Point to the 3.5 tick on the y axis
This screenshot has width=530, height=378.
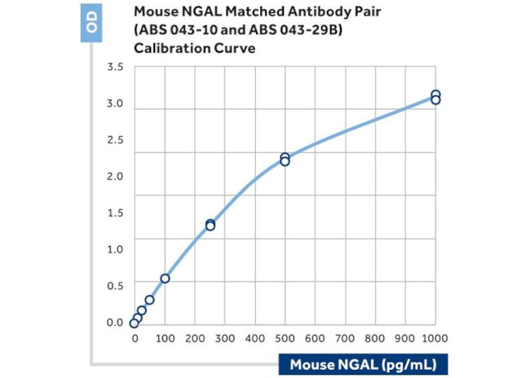pyautogui.click(x=114, y=68)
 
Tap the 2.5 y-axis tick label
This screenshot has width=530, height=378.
pyautogui.click(x=114, y=140)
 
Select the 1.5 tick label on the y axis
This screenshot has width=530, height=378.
pyautogui.click(x=114, y=213)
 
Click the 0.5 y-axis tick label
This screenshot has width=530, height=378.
pyautogui.click(x=114, y=286)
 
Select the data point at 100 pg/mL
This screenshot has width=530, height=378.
pyautogui.click(x=165, y=279)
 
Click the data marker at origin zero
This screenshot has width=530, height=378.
pyautogui.click(x=135, y=323)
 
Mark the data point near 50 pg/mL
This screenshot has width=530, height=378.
pyautogui.click(x=149, y=300)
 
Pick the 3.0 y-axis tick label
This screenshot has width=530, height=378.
pyautogui.click(x=114, y=104)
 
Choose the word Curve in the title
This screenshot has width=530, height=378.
pyautogui.click(x=234, y=48)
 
